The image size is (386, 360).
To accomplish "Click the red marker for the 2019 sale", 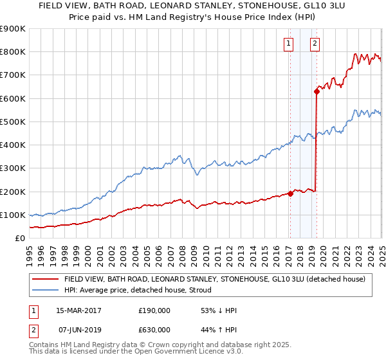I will [x=317, y=91].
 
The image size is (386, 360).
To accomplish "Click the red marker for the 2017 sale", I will [x=290, y=194].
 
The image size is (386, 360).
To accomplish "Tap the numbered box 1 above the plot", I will [x=288, y=44].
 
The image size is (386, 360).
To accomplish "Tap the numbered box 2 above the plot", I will [x=315, y=44].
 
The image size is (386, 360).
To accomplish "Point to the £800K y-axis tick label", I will [x=13, y=51].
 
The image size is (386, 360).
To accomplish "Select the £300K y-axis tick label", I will [x=13, y=168].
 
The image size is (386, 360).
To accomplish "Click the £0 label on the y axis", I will [x=20, y=238].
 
